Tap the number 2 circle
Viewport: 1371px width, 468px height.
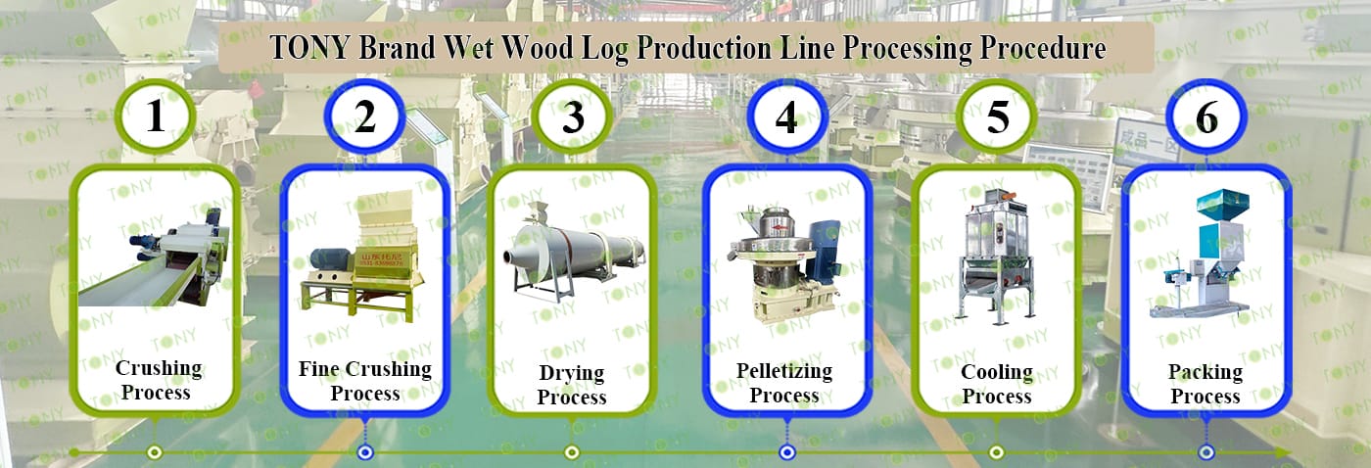point(364,117)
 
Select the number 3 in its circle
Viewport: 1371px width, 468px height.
point(573,117)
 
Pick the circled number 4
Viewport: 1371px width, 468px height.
point(786,117)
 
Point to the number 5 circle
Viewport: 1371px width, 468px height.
point(997,117)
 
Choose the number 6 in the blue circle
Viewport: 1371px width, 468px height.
point(1206,117)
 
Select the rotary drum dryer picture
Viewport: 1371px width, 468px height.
point(573,249)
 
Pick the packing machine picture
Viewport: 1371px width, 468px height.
point(1206,255)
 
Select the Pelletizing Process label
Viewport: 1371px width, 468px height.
point(784,383)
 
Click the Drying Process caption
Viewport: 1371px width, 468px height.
point(572,385)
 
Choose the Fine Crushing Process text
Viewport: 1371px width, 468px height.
point(364,381)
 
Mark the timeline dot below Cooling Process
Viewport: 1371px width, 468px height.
point(996,452)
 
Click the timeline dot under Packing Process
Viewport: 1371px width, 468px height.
point(1206,452)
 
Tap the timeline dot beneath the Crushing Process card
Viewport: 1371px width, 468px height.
point(154,452)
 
